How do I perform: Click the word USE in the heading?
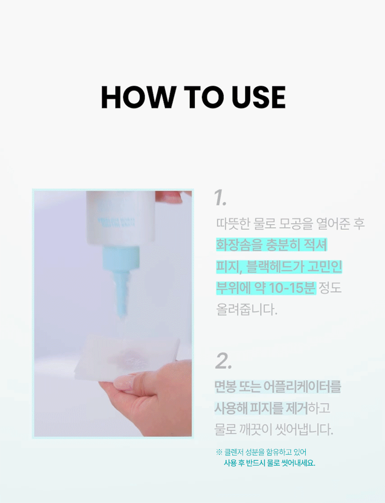259,97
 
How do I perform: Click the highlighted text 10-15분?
292,288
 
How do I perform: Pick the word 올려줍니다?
247,309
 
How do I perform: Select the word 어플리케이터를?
302,386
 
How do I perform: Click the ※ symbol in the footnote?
219,452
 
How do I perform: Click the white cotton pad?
127,356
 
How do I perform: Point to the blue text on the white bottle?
116,222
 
